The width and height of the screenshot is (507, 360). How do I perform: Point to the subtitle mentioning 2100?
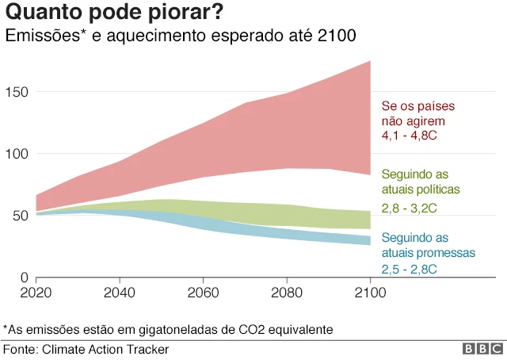pos(181,36)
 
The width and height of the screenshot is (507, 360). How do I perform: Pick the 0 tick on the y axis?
pos(25,278)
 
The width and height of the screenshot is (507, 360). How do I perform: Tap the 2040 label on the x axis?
pos(119,293)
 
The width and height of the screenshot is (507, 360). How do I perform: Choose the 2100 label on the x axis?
pos(370,293)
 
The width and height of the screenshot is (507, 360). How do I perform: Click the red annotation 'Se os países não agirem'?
pos(419,114)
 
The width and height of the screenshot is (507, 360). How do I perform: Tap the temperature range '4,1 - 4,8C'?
pos(410,137)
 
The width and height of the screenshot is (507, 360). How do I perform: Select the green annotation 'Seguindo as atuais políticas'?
pos(421,182)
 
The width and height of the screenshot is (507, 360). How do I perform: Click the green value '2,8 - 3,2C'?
pos(410,208)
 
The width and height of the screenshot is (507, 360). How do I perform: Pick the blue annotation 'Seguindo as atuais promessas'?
pos(428,246)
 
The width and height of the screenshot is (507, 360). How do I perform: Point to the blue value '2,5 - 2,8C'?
pos(410,270)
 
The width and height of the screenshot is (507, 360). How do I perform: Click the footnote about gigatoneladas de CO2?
pos(168,328)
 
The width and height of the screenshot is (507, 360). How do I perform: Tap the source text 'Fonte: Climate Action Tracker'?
pos(86,349)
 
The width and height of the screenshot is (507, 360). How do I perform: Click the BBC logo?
pos(482,349)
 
